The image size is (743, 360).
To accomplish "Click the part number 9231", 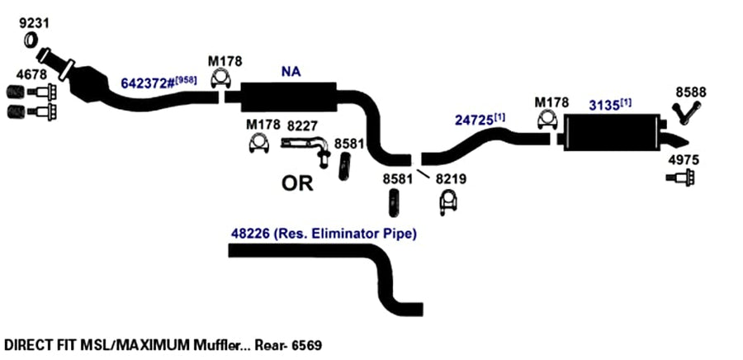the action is [x=34, y=23].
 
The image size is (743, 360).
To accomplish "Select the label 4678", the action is [x=31, y=75].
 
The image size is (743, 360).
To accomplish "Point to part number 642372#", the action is [x=148, y=83].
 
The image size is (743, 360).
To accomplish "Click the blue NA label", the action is [x=291, y=72].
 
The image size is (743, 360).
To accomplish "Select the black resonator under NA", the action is [x=289, y=97].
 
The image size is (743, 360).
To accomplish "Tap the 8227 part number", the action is [x=303, y=126].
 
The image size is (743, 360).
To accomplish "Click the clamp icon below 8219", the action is [x=447, y=203].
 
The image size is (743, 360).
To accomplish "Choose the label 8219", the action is [x=451, y=179].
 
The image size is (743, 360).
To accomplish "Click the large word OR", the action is [x=297, y=183].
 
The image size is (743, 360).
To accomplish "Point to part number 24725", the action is [x=474, y=121].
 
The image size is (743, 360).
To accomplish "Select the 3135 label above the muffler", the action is [x=604, y=106].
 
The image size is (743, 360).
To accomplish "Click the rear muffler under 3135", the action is [x=611, y=133].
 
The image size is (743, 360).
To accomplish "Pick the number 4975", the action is [x=684, y=160].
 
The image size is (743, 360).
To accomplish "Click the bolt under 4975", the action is [x=680, y=178].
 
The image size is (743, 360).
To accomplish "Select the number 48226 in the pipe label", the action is [x=250, y=234].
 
